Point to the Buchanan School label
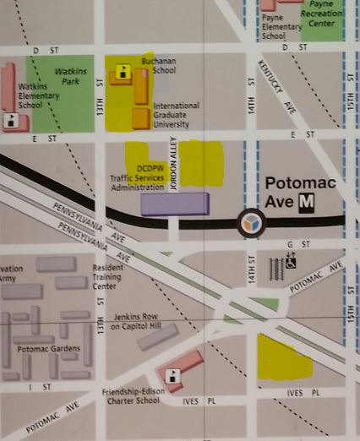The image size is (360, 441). [x=159, y=66]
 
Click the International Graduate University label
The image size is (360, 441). [x=176, y=116]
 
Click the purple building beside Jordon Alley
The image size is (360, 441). [x=175, y=204]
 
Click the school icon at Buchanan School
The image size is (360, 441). [x=124, y=72]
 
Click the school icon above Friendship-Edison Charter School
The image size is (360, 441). [x=173, y=377]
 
